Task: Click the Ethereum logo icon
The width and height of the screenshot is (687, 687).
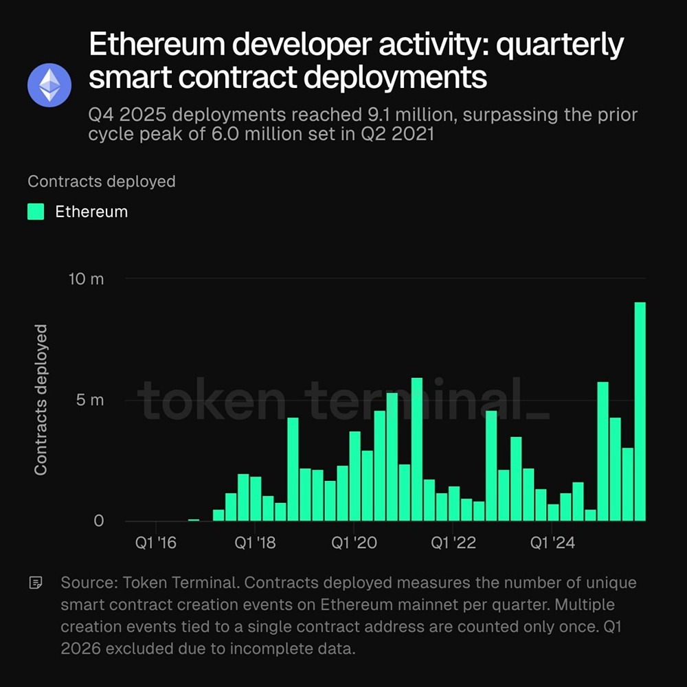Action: [49, 85]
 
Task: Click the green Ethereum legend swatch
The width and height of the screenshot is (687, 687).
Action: [36, 212]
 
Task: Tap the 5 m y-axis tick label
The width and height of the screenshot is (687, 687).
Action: [89, 400]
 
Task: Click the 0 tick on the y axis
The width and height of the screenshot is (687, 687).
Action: [98, 521]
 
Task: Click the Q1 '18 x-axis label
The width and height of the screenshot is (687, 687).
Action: [254, 543]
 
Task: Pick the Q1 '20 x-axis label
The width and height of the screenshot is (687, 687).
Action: [354, 543]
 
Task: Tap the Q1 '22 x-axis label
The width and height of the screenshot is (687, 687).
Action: [453, 543]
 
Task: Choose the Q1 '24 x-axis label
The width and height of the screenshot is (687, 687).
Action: [553, 543]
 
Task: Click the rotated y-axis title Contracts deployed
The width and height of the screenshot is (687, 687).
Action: [41, 400]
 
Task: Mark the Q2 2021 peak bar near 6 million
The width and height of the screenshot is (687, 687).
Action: [416, 449]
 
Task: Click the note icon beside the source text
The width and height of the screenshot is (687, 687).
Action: [36, 583]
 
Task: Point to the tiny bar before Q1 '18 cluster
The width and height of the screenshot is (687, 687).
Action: [194, 519]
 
